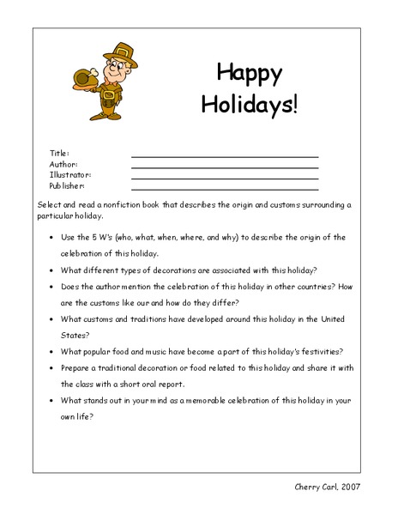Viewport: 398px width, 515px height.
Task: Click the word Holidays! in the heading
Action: [250, 104]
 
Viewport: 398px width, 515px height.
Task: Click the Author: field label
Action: [63, 163]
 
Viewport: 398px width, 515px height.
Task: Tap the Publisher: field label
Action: [67, 185]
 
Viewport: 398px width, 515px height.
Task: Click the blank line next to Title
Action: [225, 156]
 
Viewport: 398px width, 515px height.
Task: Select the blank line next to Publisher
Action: [225, 188]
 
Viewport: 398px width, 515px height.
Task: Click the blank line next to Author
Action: [225, 167]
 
